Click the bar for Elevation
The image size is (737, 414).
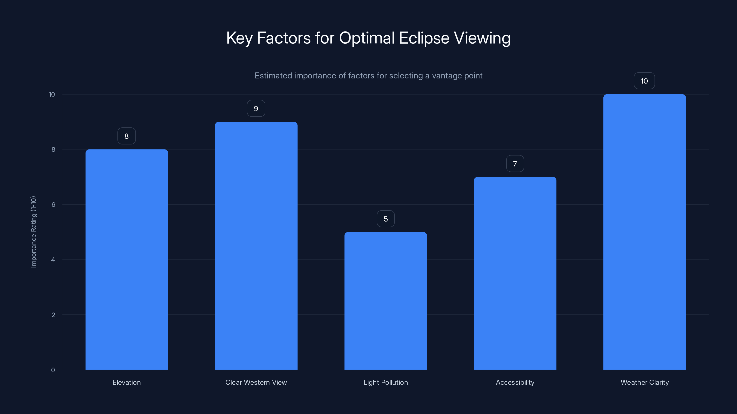pyautogui.click(x=126, y=259)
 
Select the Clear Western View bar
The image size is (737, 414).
pyautogui.click(x=256, y=245)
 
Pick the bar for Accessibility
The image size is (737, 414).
pyautogui.click(x=515, y=273)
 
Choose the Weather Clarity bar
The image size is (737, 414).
pyautogui.click(x=644, y=232)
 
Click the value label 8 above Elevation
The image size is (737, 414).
pyautogui.click(x=126, y=136)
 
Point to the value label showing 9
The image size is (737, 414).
pyautogui.click(x=256, y=109)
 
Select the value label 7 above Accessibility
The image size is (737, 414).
pyautogui.click(x=515, y=164)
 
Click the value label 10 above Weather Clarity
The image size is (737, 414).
pyautogui.click(x=644, y=81)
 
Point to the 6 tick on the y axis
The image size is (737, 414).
pyautogui.click(x=53, y=204)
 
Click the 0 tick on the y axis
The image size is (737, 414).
pyautogui.click(x=53, y=370)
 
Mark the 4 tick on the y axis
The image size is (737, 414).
pyautogui.click(x=53, y=260)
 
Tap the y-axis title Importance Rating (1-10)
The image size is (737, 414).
pyautogui.click(x=33, y=232)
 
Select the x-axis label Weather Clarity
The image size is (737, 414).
pyautogui.click(x=645, y=382)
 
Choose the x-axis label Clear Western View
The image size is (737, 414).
pyautogui.click(x=256, y=382)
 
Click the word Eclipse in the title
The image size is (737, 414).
pyautogui.click(x=424, y=38)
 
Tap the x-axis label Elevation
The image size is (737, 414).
pyautogui.click(x=126, y=382)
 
